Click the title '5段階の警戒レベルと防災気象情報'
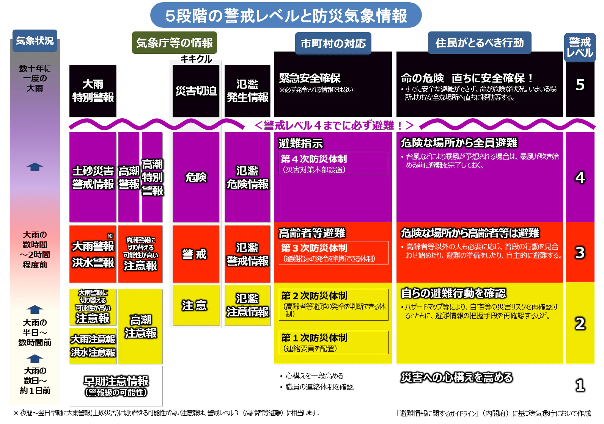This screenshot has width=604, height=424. pos(286,16)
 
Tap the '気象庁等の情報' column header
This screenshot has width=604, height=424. pos(175,43)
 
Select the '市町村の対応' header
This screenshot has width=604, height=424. pos(333,44)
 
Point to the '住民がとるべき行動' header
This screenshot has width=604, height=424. pos(480,43)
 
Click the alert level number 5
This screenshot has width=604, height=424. pos(580,85)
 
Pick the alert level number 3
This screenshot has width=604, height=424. pos(580,252)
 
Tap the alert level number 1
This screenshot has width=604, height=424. pos(580,385)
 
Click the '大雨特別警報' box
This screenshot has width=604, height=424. pos(93,91)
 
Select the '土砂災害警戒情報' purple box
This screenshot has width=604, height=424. pos(93,177)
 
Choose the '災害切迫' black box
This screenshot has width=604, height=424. pos(196,91)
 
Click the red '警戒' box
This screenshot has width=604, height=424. pos(196,254)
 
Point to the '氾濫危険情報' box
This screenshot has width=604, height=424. pos(247,177)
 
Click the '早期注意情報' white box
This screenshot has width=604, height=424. pos(116,386)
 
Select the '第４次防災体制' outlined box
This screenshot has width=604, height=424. pos(333,164)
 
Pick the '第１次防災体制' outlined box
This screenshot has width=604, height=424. pos(333,343)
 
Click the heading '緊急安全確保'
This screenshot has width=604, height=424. pos(310,78)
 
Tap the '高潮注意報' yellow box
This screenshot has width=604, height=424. pos(141,327)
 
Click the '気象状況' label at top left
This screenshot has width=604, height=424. pos(35,41)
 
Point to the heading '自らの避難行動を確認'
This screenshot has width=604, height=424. pos(453,293)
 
